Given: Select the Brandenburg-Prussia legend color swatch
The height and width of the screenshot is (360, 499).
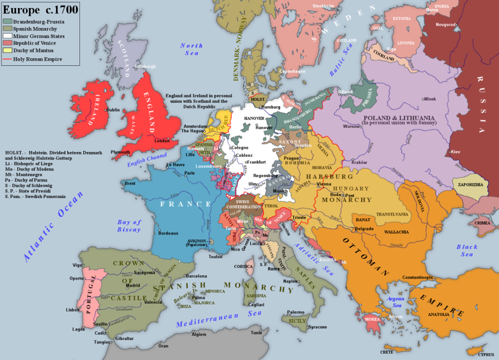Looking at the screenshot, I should coord(8,22).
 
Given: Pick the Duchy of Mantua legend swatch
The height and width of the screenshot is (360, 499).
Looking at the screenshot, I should coord(8,50).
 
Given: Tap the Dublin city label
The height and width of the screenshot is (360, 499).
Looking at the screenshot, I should coord(113,110).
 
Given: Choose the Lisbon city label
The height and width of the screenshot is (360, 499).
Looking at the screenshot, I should coord(73,310).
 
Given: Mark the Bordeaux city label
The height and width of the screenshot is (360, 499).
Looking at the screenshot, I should coord(168,233).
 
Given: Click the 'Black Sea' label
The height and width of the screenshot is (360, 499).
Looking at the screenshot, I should coord(467,250).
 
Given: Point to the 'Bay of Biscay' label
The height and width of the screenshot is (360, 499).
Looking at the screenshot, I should coord(129,226).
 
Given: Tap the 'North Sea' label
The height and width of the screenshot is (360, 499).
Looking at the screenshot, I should coord(192,49).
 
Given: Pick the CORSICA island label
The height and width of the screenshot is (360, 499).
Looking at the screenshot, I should coord(244,267).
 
